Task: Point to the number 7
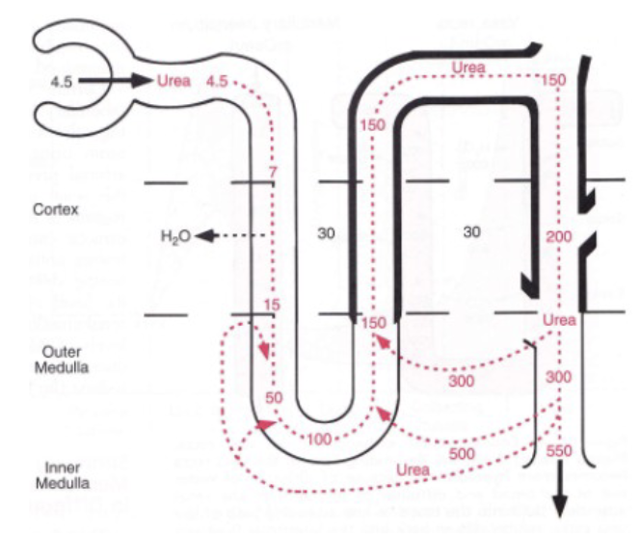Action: click(x=273, y=172)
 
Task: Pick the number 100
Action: click(x=320, y=440)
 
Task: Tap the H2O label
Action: click(x=174, y=235)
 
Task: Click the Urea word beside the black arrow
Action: click(x=174, y=80)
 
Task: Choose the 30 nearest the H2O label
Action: click(x=326, y=233)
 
